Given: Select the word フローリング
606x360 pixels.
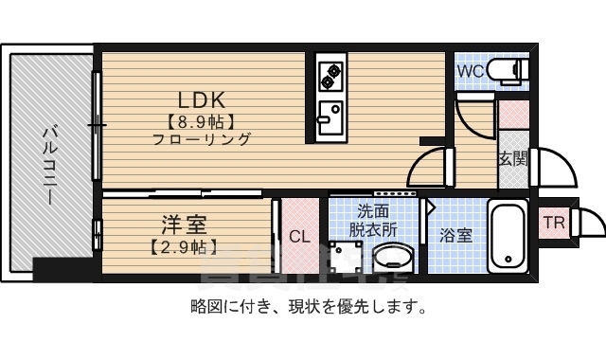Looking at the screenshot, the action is [x=201, y=139].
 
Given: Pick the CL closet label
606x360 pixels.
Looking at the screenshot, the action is [x=299, y=237].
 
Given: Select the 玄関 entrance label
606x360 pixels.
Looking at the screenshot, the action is [x=512, y=159].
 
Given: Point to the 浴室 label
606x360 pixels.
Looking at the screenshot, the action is [x=456, y=235].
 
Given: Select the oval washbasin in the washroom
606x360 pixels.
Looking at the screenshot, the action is [x=390, y=256].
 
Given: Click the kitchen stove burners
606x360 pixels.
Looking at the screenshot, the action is [x=332, y=74].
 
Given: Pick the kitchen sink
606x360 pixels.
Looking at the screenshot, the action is [x=331, y=117].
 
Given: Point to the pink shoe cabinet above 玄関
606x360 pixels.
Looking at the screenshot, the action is [x=512, y=114].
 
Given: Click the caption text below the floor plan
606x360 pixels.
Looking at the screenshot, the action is [x=307, y=307].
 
